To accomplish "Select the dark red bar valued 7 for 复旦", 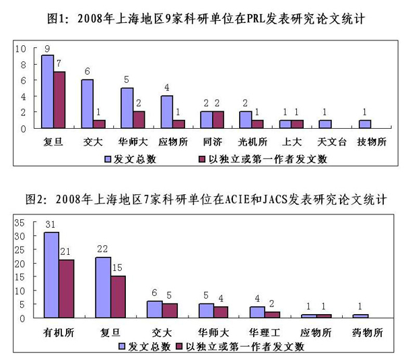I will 59,100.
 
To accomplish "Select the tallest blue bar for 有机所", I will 51,275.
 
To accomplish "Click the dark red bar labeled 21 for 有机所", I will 66,289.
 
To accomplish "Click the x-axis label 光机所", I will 252,143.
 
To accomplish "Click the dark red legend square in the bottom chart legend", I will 178,347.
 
